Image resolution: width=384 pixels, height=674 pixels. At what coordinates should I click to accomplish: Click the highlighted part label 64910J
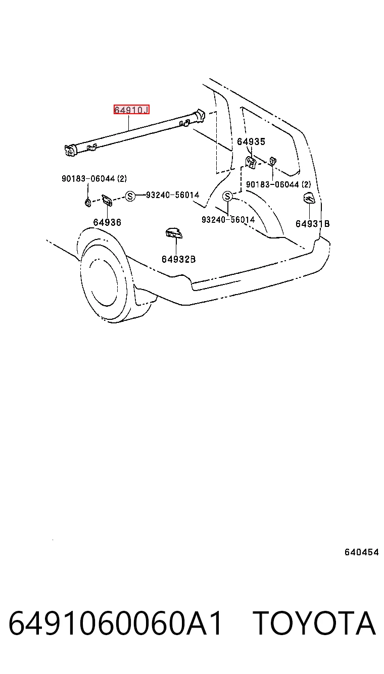point(131,110)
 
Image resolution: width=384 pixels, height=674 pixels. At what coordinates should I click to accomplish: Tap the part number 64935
point(251,141)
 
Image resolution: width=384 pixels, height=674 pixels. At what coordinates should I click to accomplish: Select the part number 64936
point(107,222)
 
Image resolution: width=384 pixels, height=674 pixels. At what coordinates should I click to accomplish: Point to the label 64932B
point(178,259)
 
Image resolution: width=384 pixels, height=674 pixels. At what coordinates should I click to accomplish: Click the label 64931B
point(312,223)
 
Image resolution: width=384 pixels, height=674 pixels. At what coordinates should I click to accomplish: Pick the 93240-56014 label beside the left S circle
point(173,195)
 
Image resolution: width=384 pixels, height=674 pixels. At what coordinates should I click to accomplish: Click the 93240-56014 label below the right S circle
point(228,220)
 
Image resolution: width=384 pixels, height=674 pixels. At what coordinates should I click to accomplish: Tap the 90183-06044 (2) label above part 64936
point(94,179)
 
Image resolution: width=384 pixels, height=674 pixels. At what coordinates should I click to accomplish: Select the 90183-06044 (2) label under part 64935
point(278,184)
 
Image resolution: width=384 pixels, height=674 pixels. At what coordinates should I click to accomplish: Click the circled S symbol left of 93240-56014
point(130,197)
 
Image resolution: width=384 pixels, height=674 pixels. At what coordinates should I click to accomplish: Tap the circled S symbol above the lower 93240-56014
point(227,197)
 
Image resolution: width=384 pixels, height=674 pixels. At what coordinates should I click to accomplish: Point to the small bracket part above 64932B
point(174,232)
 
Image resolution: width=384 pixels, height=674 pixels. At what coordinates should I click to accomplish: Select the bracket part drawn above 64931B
point(309,198)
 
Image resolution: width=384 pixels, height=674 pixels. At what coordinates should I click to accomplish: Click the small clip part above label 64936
point(107,200)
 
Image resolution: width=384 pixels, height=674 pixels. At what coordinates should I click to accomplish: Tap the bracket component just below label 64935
point(251,163)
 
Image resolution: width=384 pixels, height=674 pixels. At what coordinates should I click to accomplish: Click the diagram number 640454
point(361,552)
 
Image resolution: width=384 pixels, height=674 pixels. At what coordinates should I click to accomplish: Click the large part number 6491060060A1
point(115,623)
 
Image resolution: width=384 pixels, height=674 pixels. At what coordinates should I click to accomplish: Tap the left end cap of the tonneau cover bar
point(70,150)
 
